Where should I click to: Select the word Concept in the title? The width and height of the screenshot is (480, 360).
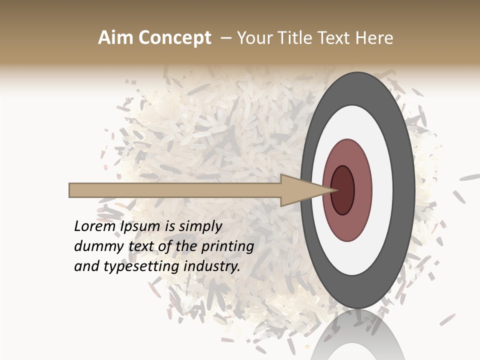[x=174, y=37]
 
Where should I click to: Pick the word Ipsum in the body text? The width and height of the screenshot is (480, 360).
[x=140, y=226]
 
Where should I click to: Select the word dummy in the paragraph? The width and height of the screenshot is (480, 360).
[x=93, y=246]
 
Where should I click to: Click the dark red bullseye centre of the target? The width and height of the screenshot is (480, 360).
[x=343, y=190]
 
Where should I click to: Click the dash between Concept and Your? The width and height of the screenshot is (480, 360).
[x=225, y=37]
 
